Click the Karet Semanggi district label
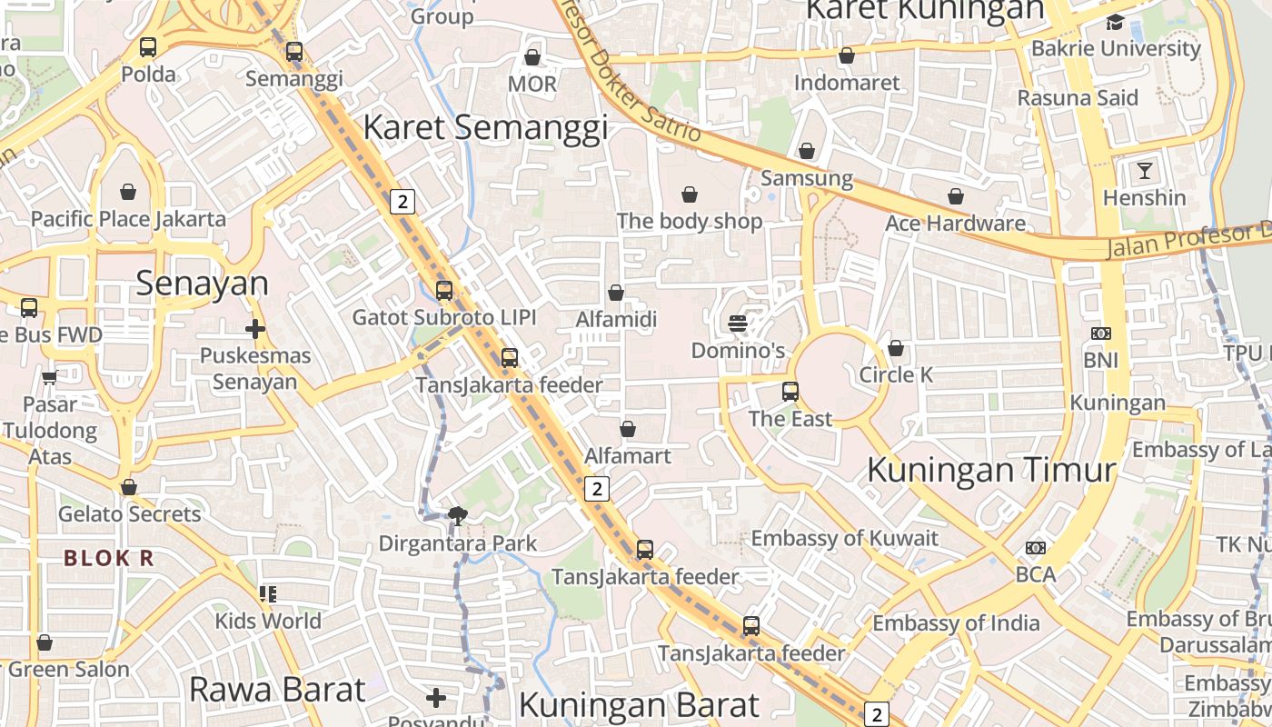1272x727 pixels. click(x=485, y=127)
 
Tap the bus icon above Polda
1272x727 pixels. click(x=148, y=47)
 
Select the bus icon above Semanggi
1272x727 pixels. click(x=293, y=52)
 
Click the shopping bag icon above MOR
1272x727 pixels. click(x=532, y=57)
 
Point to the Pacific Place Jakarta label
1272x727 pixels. click(x=128, y=219)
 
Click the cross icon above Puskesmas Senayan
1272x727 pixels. click(x=255, y=328)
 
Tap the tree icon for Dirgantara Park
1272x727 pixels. click(x=458, y=516)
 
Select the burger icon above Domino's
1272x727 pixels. click(x=738, y=323)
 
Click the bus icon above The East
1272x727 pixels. click(x=790, y=392)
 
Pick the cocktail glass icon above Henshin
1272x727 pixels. click(x=1144, y=170)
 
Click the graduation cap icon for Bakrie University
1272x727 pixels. click(x=1115, y=22)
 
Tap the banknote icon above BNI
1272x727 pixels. click(x=1100, y=334)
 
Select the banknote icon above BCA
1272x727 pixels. click(x=1035, y=547)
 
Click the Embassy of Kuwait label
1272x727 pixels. click(x=844, y=537)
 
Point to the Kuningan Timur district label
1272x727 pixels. click(x=991, y=470)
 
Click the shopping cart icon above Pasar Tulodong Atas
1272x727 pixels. click(x=49, y=376)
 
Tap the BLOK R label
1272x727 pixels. click(x=108, y=558)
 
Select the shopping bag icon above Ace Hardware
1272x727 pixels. click(x=956, y=196)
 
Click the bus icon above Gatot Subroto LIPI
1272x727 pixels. click(x=443, y=291)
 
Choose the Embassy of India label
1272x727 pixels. click(x=956, y=623)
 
